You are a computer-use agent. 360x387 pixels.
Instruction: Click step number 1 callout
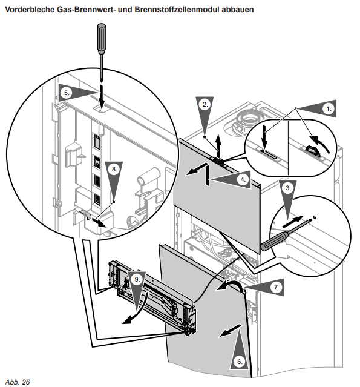(329, 108)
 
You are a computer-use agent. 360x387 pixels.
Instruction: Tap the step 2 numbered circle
(205, 104)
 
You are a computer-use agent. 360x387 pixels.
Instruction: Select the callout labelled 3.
(288, 188)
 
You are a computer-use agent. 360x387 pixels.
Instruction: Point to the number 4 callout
(243, 179)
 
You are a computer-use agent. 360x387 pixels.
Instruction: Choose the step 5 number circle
(67, 93)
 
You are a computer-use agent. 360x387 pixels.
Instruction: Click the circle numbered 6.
(240, 362)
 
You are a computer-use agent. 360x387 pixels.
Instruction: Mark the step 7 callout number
(276, 287)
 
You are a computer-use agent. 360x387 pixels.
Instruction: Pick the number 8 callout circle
(114, 169)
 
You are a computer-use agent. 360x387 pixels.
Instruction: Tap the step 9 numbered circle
(137, 280)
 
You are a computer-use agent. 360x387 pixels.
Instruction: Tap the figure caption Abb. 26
(18, 382)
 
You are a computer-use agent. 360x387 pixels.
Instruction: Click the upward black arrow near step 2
(218, 147)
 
